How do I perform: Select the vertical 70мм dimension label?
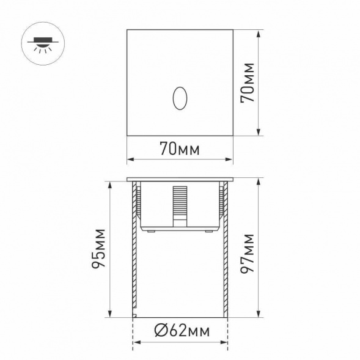coord(249,82)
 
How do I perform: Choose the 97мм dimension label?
coord(249,253)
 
